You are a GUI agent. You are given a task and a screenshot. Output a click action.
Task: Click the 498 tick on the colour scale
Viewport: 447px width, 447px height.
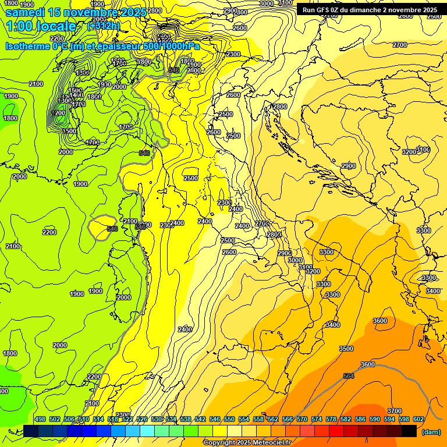pyautogui.click(x=40, y=419)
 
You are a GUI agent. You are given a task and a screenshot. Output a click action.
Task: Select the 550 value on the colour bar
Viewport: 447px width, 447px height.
pyautogui.click(x=229, y=419)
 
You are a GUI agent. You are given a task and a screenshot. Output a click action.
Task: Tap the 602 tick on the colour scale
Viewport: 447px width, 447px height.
pyautogui.click(x=418, y=419)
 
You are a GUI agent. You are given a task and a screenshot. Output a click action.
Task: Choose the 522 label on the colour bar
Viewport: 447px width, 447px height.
pyautogui.click(x=127, y=419)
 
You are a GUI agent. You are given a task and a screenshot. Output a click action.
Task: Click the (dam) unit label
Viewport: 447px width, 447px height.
pyautogui.click(x=431, y=432)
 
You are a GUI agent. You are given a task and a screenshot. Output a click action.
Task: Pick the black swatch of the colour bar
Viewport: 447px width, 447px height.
pyautogui.click(x=409, y=431)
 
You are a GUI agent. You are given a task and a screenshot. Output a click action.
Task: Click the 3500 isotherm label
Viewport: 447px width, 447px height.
pyautogui.click(x=346, y=349)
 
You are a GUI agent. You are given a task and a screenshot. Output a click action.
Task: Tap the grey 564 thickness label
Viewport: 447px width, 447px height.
pyautogui.click(x=348, y=376)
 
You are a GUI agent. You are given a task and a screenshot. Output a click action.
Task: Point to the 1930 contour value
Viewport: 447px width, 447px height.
pyautogui.click(x=104, y=85)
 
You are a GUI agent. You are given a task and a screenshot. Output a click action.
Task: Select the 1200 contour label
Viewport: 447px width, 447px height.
pyautogui.click(x=58, y=113)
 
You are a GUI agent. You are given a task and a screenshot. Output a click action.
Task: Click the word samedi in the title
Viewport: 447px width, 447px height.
pyautogui.click(x=25, y=12)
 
